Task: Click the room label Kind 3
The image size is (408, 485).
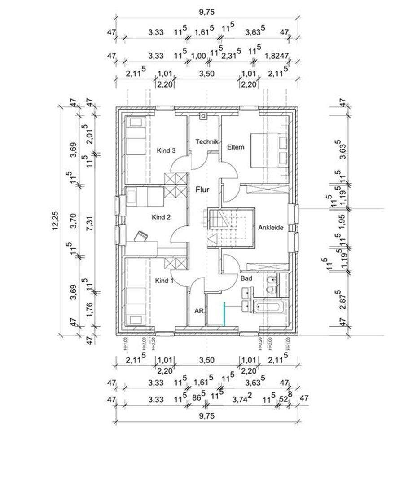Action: [x=166, y=150]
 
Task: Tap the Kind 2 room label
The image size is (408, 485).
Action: [x=161, y=217]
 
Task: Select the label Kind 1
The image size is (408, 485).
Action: [x=164, y=281]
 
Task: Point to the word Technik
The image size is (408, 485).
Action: [x=206, y=141]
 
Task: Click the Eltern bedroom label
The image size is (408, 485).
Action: [x=236, y=147]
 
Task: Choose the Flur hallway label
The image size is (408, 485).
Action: [x=203, y=190]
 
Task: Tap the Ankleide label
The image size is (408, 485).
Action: [x=271, y=228]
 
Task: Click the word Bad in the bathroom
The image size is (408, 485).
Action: [x=246, y=278]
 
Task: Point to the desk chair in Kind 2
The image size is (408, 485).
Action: [x=140, y=236]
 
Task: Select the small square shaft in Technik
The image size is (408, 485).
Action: [x=203, y=116]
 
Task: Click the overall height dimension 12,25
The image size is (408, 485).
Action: [x=56, y=220]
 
